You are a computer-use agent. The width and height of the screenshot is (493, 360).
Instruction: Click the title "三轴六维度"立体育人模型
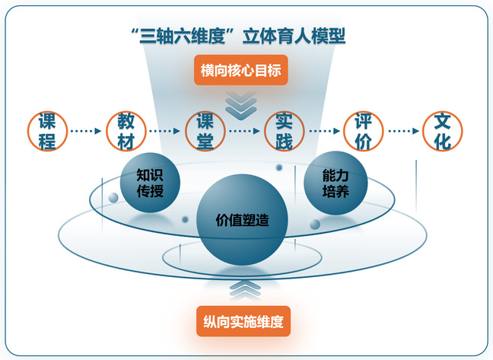click(x=238, y=36)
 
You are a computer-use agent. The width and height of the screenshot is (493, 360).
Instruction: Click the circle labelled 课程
click(x=47, y=131)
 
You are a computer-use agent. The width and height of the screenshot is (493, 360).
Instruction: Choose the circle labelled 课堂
click(x=205, y=131)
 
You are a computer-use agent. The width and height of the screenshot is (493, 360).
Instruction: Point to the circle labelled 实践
click(x=283, y=131)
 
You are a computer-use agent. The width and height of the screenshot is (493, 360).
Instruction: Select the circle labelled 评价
click(x=362, y=131)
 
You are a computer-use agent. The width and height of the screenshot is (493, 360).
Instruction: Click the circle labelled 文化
click(x=441, y=131)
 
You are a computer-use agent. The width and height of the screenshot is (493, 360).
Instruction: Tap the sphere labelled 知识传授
click(x=150, y=183)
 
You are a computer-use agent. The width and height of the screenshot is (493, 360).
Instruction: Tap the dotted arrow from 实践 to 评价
click(x=323, y=131)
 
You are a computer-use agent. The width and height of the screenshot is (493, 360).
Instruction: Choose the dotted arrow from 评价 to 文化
click(x=402, y=131)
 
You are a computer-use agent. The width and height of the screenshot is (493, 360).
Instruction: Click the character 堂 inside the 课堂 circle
click(x=205, y=141)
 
